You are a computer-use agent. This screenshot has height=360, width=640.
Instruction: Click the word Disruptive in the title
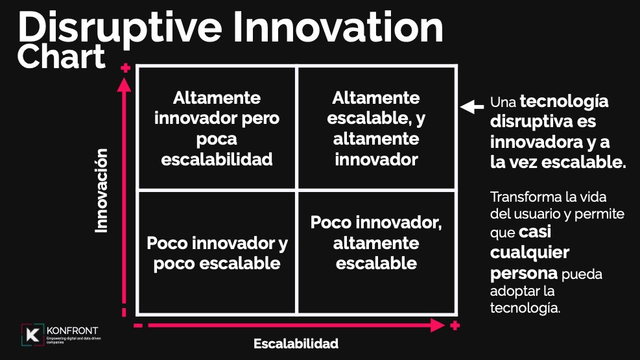(x=120, y=28)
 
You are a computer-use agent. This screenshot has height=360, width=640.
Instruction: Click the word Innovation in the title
(x=338, y=27)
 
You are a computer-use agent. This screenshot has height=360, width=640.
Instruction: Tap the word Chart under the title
(x=61, y=57)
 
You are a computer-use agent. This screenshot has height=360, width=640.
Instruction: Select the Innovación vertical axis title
(x=101, y=191)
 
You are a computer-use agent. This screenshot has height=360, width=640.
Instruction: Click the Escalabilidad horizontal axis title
(x=296, y=344)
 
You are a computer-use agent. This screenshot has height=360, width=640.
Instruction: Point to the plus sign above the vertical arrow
(x=126, y=67)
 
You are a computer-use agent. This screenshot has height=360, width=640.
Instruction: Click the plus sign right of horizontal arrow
(x=455, y=326)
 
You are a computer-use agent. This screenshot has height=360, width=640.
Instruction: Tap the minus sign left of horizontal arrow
(x=138, y=326)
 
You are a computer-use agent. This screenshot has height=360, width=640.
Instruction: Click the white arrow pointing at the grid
(x=472, y=106)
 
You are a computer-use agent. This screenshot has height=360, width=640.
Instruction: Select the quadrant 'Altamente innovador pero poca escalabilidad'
(x=217, y=128)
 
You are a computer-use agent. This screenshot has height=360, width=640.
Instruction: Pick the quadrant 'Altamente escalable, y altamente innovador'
(x=376, y=128)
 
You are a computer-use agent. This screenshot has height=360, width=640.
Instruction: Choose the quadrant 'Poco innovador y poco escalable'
(x=217, y=253)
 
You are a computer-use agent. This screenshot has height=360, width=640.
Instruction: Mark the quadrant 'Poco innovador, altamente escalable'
(x=376, y=253)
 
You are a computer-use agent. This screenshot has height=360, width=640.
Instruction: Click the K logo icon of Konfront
(x=32, y=335)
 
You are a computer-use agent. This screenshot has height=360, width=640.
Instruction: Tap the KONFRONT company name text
(x=72, y=331)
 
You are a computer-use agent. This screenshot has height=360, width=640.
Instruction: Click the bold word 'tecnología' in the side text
(x=564, y=102)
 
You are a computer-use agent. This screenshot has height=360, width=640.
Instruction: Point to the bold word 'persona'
(x=524, y=274)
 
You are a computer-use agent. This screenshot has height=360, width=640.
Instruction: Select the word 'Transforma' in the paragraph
(x=518, y=197)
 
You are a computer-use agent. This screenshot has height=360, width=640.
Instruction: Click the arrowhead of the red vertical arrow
(x=124, y=84)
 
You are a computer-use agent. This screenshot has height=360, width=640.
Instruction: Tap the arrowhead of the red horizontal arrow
(x=438, y=326)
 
